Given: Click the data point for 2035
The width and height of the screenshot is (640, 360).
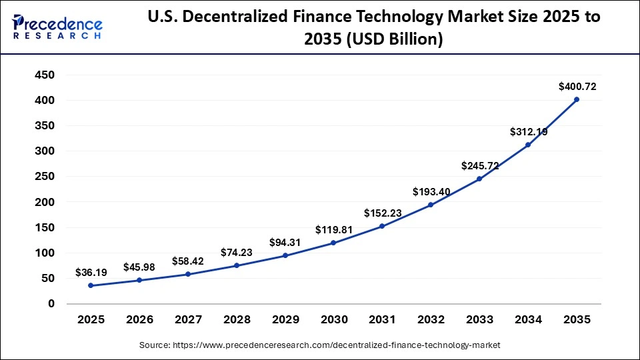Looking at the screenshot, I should pos(577,99).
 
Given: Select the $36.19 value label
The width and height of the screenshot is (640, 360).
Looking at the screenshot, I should pos(91,273).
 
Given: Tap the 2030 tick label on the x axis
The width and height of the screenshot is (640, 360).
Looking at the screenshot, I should pos(333,320).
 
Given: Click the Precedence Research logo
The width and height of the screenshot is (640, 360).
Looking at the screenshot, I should pos(57,27).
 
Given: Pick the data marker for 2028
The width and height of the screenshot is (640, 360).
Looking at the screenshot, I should pos(237,265).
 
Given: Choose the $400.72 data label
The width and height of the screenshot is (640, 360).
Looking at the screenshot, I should pos(577,86).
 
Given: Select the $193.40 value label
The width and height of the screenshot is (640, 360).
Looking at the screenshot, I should pos(431,192).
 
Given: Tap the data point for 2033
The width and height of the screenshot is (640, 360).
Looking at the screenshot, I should pos(479,179).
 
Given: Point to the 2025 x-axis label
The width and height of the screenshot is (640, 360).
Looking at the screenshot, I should pos(91,320).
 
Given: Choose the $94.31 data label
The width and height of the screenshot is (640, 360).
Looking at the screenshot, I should pos(285,242).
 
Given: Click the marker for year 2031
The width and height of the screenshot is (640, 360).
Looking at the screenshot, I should pos(382,226).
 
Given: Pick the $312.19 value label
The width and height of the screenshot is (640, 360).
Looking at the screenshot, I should pos(528,132).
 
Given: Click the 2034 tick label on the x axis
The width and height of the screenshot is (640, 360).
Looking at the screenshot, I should pos(528,320).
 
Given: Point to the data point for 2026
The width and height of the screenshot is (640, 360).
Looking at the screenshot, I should pos(139,280).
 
